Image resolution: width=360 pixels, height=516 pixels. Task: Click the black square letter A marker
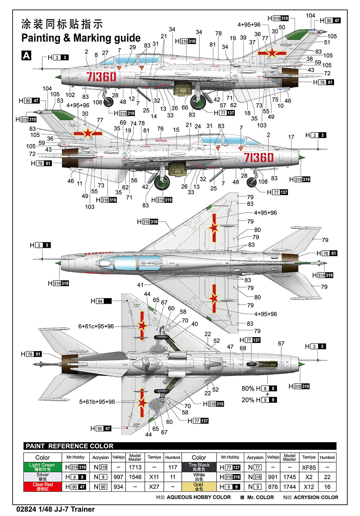pyautogui.click(x=26, y=56)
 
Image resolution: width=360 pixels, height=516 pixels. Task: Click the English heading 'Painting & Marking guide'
pyautogui.click(x=81, y=38)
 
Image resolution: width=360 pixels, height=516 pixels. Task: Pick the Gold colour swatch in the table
pyautogui.click(x=199, y=486)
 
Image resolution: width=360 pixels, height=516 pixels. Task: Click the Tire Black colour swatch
pyautogui.click(x=199, y=467)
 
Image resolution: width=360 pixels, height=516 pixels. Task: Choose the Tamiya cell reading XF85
pyautogui.click(x=309, y=467)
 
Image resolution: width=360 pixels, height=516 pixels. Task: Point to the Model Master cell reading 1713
pyautogui.click(x=135, y=467)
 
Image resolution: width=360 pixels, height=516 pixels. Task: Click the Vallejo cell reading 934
pyautogui.click(x=118, y=487)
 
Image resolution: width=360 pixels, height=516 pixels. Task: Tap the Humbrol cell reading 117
pyautogui.click(x=173, y=467)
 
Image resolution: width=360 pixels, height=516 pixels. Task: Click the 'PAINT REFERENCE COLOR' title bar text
pyautogui.click(x=70, y=446)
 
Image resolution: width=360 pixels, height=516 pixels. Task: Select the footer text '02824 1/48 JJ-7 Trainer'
pyautogui.click(x=56, y=509)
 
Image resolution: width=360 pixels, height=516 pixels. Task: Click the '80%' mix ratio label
pyautogui.click(x=247, y=388)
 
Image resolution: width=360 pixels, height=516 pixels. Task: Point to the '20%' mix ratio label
pyautogui.click(x=247, y=400)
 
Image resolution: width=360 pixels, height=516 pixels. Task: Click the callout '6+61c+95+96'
pyautogui.click(x=96, y=326)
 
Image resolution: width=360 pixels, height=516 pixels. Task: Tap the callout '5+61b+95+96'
pyautogui.click(x=97, y=402)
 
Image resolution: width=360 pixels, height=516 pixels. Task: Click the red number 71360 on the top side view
pyautogui.click(x=101, y=77)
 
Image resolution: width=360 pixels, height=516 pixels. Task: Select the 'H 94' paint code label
pyautogui.click(x=101, y=301)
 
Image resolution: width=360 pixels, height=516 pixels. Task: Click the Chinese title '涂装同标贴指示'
pyautogui.click(x=62, y=24)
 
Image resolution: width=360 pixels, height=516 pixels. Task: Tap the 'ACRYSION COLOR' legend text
pyautogui.click(x=316, y=497)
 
